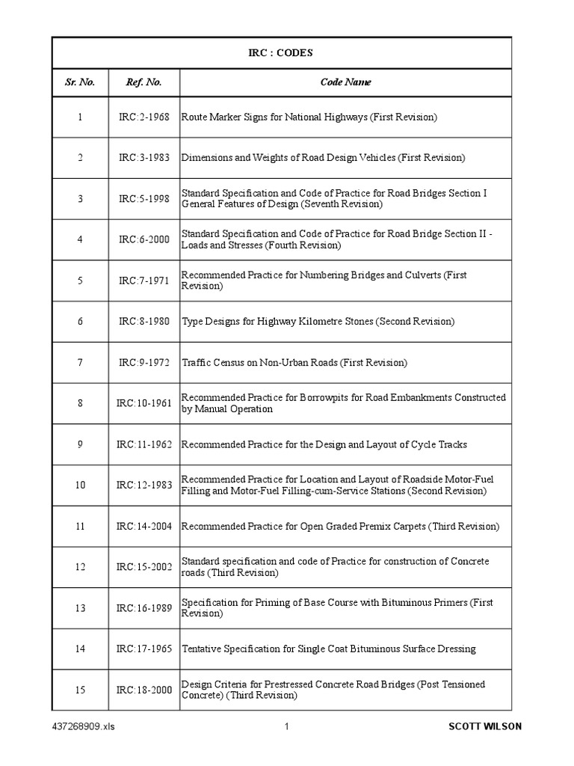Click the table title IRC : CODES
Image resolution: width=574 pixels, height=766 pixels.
tap(281, 53)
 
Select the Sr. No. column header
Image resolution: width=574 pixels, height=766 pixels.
tap(79, 82)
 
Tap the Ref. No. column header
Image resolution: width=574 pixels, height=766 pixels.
tap(144, 82)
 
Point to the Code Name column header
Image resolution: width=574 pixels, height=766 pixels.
tap(345, 82)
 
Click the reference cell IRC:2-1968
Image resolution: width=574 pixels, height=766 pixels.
tap(144, 117)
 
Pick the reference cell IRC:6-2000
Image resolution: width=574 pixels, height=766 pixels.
tap(144, 239)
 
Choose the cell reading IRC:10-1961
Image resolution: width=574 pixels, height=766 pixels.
tap(144, 403)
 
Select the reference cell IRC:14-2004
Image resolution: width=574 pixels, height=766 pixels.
tap(144, 526)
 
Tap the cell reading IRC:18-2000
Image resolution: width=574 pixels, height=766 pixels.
tap(144, 690)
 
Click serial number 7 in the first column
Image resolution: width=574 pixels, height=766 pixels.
tap(80, 363)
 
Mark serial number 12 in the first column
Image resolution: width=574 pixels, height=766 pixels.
tap(80, 567)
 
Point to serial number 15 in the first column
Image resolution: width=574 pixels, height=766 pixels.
tap(80, 690)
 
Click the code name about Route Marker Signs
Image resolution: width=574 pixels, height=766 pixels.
tap(309, 117)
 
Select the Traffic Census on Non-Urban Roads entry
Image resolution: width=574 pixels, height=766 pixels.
tap(294, 363)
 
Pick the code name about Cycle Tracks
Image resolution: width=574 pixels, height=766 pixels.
tap(324, 444)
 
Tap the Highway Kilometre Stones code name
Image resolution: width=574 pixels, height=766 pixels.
tap(318, 322)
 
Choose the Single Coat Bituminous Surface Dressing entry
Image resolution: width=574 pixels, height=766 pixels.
tap(329, 649)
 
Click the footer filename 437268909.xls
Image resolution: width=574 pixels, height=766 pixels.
tap(84, 726)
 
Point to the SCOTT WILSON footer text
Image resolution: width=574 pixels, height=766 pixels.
tap(485, 726)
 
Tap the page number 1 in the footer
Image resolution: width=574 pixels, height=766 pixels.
tap(286, 726)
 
